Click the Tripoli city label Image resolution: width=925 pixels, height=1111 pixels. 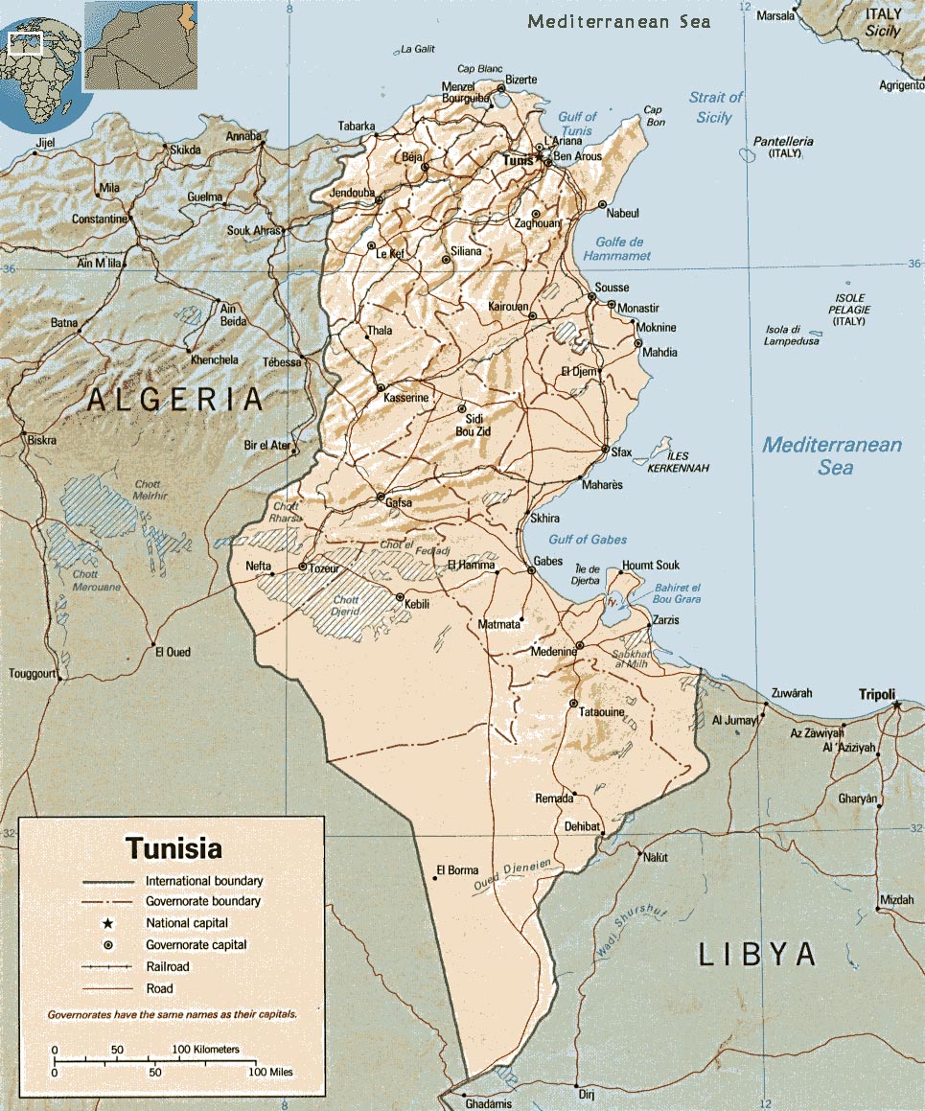point(876,694)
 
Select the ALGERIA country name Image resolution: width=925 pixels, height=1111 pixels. point(174,400)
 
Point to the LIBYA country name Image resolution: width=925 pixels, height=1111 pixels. point(757,954)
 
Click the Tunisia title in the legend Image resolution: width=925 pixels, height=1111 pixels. point(173,848)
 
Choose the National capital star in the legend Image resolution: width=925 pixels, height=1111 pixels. point(108,923)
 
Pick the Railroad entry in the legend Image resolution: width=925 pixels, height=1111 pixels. point(167,966)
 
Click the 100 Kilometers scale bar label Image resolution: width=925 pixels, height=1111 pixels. point(205,1050)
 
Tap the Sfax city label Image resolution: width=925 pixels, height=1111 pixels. point(621,452)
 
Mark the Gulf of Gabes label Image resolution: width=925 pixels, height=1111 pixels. point(588,540)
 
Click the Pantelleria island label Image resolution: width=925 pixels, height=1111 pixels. point(782,142)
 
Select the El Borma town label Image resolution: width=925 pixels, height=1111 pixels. point(457,870)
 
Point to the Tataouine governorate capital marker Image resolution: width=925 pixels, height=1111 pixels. point(572,705)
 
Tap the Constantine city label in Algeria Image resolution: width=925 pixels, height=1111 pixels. point(99,219)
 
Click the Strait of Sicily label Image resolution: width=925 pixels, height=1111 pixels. point(715,107)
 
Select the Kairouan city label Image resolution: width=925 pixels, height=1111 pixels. point(504,306)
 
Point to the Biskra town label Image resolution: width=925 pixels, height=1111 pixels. point(41,440)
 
